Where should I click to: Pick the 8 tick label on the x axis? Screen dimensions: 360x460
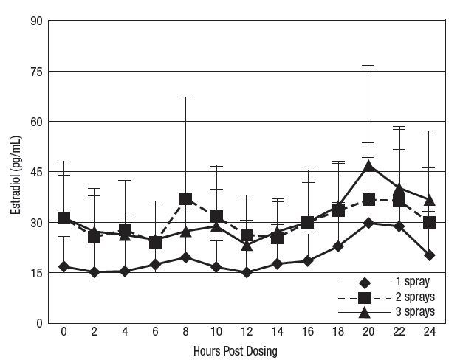point(186,333)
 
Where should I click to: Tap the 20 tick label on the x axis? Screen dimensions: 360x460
point(368,333)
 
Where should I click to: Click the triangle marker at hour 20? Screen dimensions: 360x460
point(368,165)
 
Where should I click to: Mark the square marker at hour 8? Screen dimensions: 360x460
point(186,198)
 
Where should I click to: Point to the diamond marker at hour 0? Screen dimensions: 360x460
point(64,266)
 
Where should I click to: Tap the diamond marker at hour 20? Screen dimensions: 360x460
point(368,223)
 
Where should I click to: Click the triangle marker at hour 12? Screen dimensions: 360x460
point(247,244)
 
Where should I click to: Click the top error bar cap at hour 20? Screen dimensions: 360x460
point(368,66)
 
